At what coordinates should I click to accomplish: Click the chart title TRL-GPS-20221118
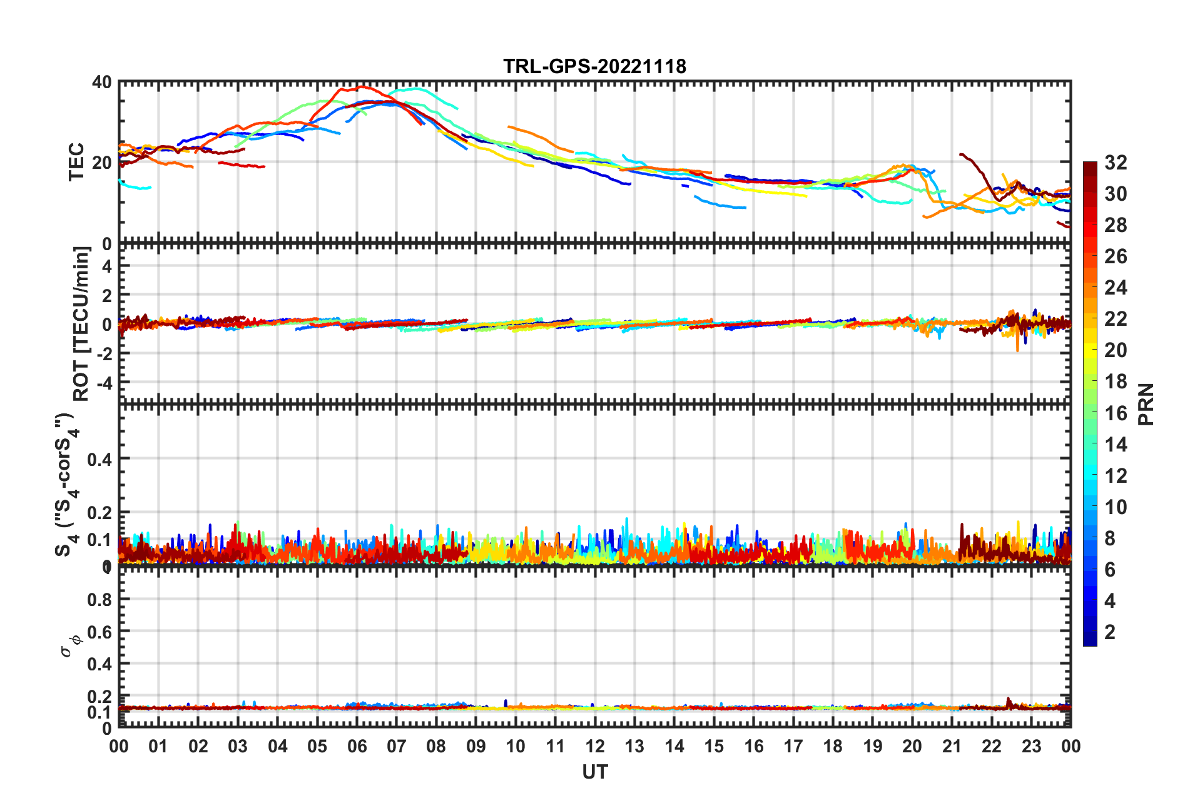click(x=594, y=66)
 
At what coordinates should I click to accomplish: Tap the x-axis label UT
click(x=594, y=772)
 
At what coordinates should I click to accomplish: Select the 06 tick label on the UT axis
click(x=357, y=746)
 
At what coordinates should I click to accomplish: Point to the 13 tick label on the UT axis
click(x=634, y=746)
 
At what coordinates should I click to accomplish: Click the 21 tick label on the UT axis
click(x=952, y=746)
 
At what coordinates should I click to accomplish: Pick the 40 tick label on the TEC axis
click(x=102, y=83)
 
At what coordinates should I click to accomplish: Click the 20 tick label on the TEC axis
click(x=102, y=163)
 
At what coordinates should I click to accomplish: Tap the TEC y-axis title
click(x=76, y=162)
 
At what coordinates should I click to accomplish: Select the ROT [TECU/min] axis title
click(x=81, y=323)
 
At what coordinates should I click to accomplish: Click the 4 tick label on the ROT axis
click(x=106, y=266)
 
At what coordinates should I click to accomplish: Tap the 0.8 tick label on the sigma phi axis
click(x=99, y=600)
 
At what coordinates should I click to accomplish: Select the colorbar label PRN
click(x=1146, y=404)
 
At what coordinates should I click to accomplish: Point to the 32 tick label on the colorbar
click(x=1116, y=163)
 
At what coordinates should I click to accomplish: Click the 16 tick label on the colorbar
click(x=1116, y=413)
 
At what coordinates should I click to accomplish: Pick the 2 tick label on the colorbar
click(x=1110, y=632)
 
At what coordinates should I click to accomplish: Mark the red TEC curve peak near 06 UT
click(x=362, y=87)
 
